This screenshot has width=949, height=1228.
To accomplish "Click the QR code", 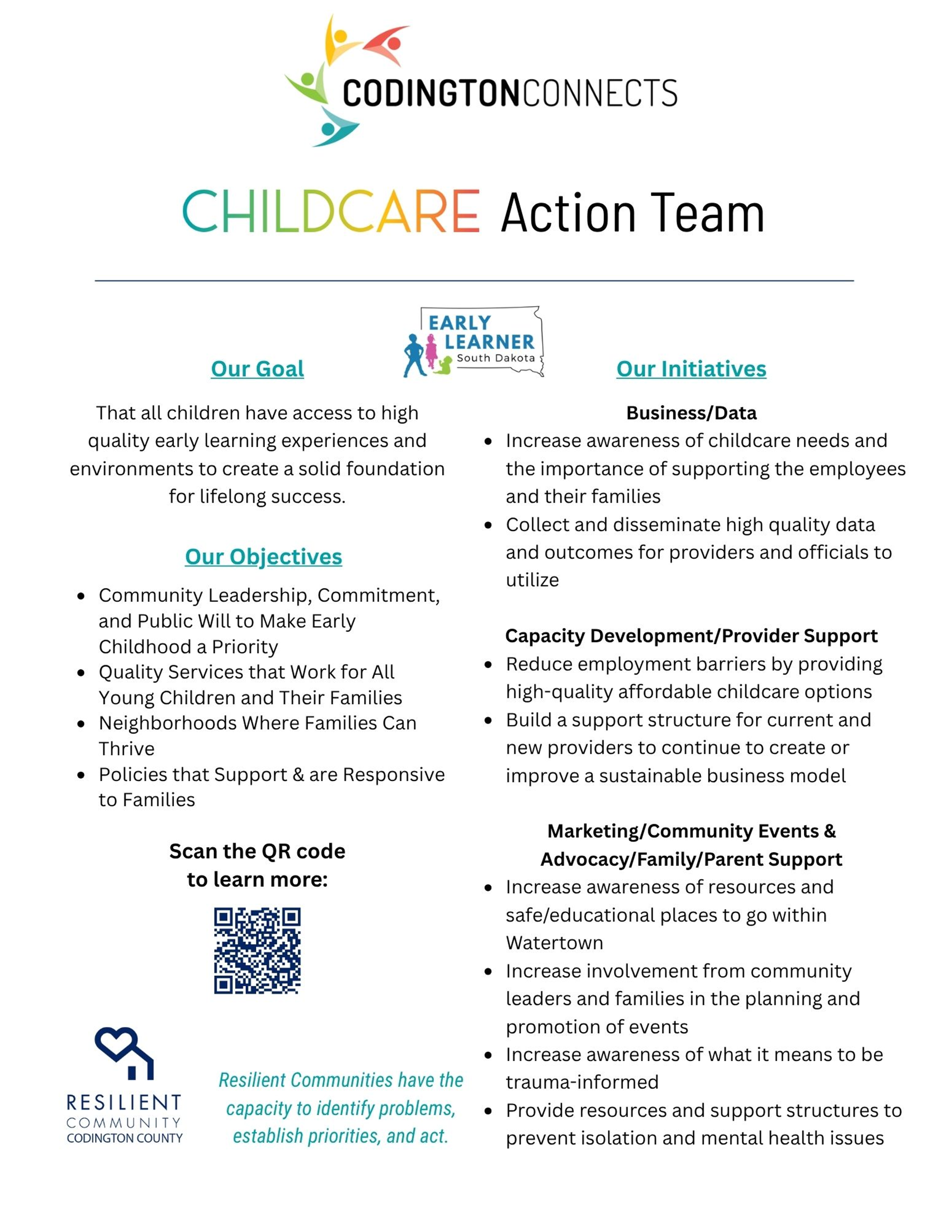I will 257,950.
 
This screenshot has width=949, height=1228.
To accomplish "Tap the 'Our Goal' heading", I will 257,369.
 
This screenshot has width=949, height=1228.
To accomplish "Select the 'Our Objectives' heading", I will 263,557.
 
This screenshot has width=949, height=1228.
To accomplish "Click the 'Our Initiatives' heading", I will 691,369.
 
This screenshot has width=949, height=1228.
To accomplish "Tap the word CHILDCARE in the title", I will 331,212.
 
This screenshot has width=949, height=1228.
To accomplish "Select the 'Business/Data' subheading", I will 691,413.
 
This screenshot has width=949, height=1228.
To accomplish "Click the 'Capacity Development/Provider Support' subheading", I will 691,635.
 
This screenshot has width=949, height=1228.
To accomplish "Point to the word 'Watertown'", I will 554,943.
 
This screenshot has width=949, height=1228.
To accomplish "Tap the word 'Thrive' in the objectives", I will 127,748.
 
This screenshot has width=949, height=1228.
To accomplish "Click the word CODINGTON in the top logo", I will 430,93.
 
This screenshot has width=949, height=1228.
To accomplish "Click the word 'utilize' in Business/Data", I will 532,580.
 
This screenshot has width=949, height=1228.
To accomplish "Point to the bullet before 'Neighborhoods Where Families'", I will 81,723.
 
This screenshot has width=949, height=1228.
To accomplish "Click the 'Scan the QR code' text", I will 257,851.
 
